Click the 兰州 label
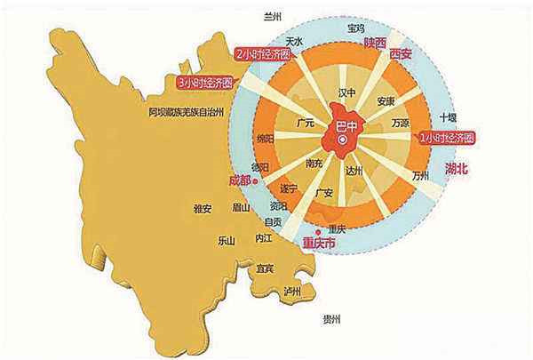(274, 16)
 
